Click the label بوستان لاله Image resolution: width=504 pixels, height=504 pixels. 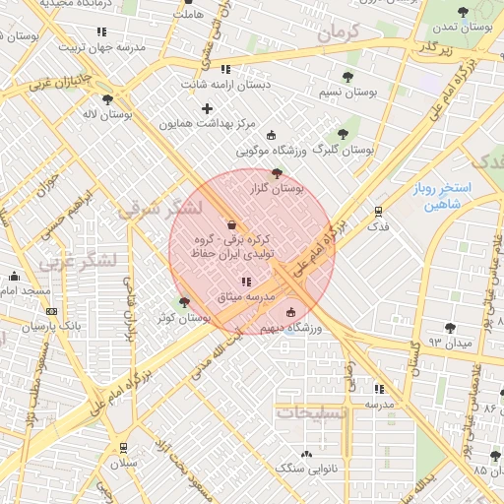pyautogui.click(x=108, y=114)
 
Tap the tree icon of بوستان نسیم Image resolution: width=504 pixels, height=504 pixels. pyautogui.click(x=346, y=77)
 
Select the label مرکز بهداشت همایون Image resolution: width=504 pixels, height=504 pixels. pyautogui.click(x=207, y=124)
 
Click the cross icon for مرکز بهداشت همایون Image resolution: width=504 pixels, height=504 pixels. pyautogui.click(x=207, y=108)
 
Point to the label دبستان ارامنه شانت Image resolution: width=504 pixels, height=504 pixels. pyautogui.click(x=224, y=85)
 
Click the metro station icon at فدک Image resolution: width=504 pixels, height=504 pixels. pyautogui.click(x=378, y=211)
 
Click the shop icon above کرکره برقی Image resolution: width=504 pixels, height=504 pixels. pyautogui.click(x=231, y=224)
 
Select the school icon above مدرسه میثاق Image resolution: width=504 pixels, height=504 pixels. pyautogui.click(x=245, y=283)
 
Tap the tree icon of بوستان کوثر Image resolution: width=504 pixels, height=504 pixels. pyautogui.click(x=184, y=301)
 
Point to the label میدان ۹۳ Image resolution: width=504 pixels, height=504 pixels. pyautogui.click(x=448, y=343)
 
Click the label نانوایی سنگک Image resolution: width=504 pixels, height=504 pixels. pyautogui.click(x=306, y=469)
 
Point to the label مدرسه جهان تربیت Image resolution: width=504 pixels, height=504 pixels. pyautogui.click(x=101, y=46)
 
